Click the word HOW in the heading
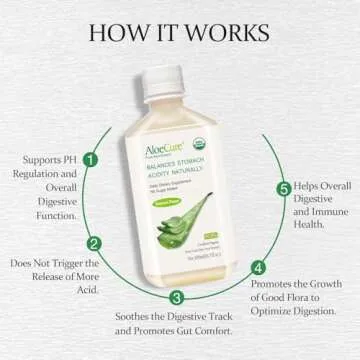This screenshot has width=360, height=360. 115,30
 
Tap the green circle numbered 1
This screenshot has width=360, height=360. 91,158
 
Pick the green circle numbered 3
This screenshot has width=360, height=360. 176,296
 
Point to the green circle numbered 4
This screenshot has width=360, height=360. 259,267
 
